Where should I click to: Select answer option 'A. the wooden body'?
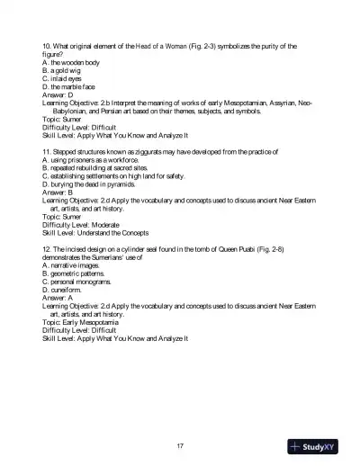click(x=71, y=62)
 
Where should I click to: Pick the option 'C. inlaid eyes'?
click(x=66, y=78)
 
